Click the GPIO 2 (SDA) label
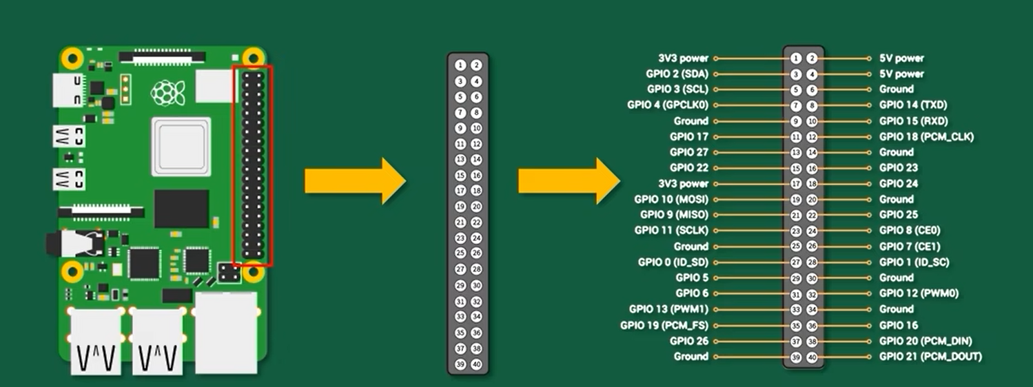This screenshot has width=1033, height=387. click(x=677, y=74)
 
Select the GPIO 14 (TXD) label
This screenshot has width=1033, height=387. click(x=913, y=105)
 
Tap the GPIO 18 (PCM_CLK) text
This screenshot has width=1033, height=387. click(x=926, y=137)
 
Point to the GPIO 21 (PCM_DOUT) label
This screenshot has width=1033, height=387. click(x=930, y=357)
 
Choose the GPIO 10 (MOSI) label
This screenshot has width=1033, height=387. click(x=671, y=200)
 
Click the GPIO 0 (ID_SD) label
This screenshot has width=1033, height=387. click(x=673, y=262)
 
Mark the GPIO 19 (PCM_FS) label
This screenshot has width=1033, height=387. click(x=664, y=325)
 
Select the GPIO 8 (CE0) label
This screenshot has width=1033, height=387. click(x=910, y=231)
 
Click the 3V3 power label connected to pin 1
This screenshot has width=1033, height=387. click(x=683, y=59)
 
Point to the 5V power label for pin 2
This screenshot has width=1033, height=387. click(x=901, y=59)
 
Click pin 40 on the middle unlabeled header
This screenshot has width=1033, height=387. click(x=476, y=364)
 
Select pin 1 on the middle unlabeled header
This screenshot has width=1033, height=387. click(x=461, y=65)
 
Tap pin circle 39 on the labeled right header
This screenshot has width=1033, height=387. click(x=796, y=357)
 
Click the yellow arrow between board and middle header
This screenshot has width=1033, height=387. click(x=354, y=180)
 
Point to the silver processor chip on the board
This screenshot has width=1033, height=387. click(x=181, y=145)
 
